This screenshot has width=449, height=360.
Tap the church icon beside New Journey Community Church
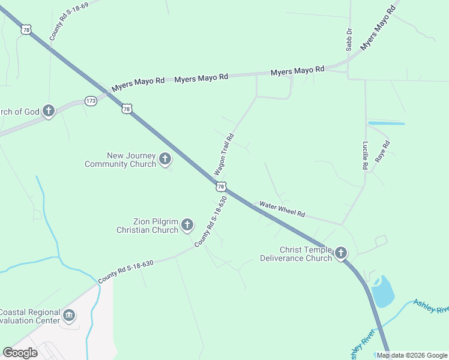(x=165, y=160)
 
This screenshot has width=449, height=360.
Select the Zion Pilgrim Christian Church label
(x=147, y=226)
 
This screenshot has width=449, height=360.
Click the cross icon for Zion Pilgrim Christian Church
(x=187, y=225)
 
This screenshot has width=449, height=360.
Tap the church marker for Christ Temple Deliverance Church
(x=341, y=253)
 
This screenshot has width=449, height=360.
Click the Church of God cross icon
(x=49, y=111)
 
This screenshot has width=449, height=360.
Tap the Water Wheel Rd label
(x=282, y=210)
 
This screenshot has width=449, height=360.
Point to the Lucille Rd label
(x=364, y=156)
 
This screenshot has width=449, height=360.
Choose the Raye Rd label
(x=382, y=151)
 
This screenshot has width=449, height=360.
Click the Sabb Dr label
(x=348, y=39)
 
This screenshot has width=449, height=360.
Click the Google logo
(x=20, y=353)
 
